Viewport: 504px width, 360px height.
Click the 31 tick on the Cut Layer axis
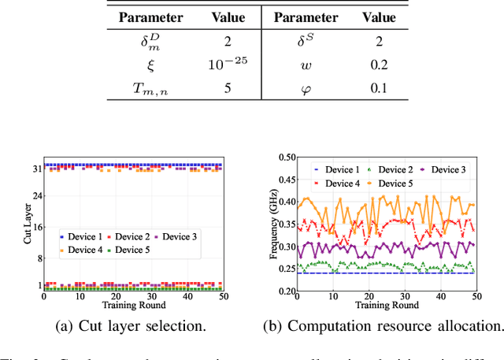(35, 168)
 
